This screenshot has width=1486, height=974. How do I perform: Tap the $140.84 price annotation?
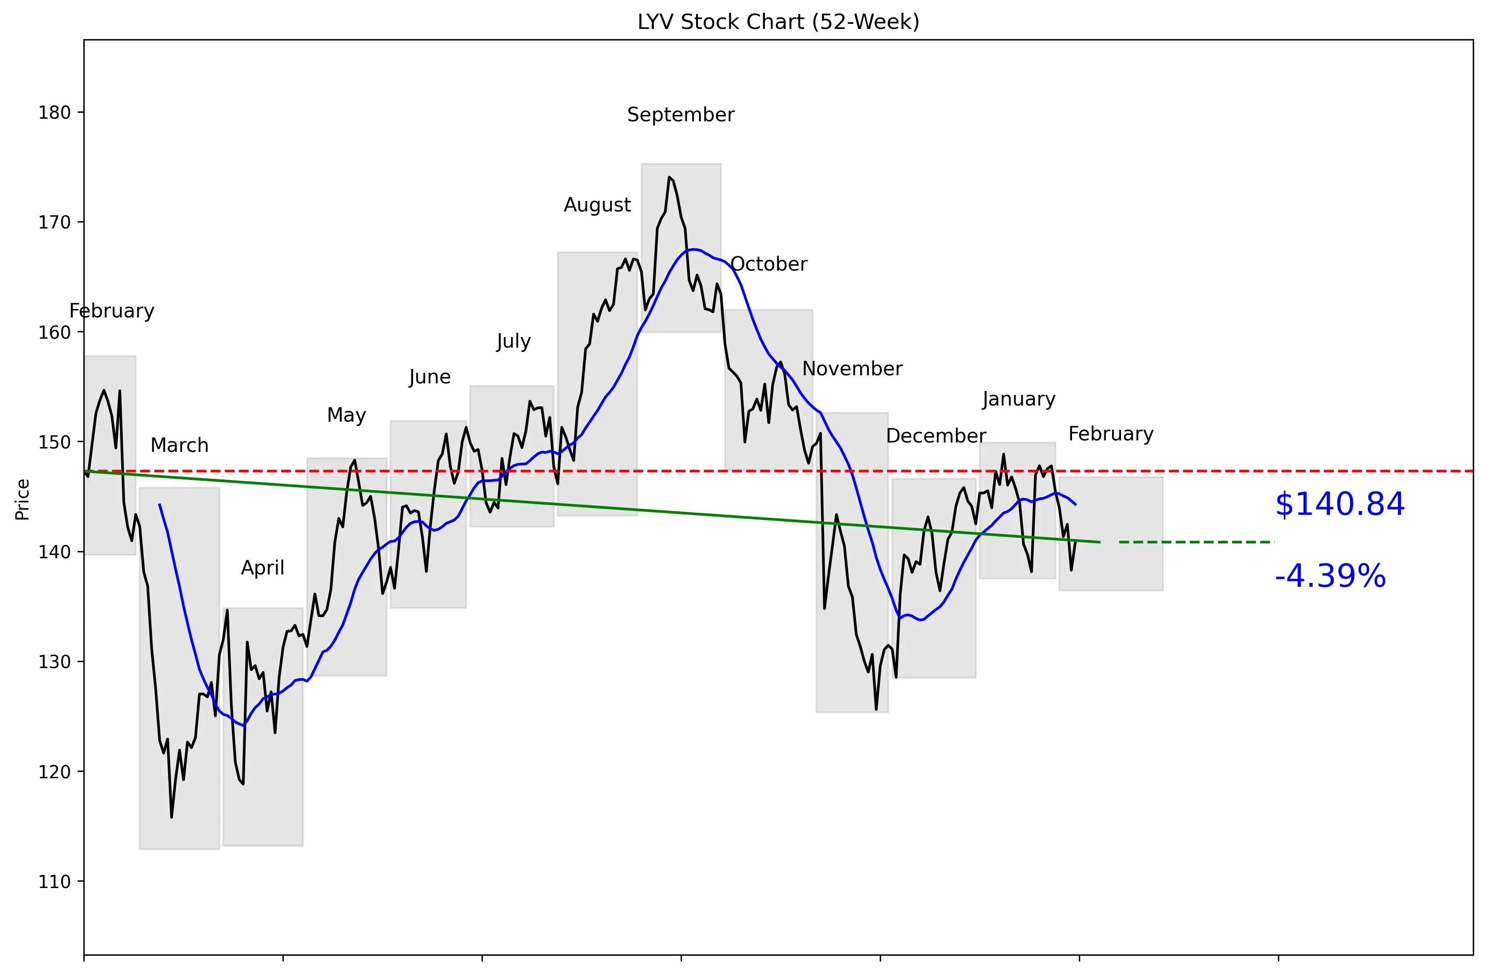pos(1339,505)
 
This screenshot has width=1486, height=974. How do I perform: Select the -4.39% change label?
pos(1330,576)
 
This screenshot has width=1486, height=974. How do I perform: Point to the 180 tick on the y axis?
pos(54,112)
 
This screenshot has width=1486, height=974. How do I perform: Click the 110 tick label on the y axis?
pos(54,882)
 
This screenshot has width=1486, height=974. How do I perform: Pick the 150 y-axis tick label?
pos(54,442)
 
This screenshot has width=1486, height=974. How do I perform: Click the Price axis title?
pos(23,500)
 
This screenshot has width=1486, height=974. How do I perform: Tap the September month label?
pos(681,115)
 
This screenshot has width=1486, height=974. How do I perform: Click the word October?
pos(769,264)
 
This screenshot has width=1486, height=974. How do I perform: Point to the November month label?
pos(852,369)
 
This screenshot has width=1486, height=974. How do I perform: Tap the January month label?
pos(1018,399)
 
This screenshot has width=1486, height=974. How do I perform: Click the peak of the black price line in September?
pos(669,177)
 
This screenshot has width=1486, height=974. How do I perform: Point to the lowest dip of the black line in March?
pos(172,817)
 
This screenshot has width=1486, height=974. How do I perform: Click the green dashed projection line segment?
pos(1196,542)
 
